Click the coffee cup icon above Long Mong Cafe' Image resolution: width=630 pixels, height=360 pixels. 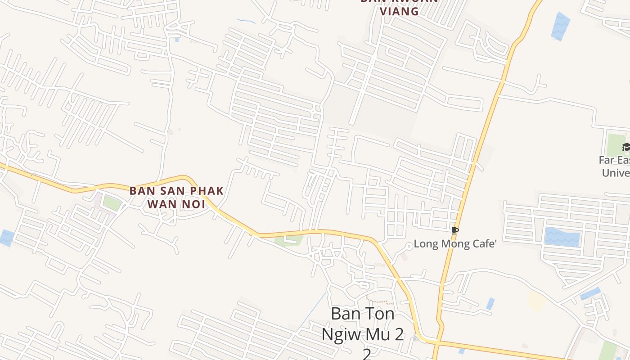[454, 231]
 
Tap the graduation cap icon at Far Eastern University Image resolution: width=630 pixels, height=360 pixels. [625, 147]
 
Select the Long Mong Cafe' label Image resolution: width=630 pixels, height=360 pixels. [455, 244]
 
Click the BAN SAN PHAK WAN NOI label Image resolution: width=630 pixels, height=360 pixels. [176, 197]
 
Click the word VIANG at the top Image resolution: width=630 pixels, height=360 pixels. [400, 11]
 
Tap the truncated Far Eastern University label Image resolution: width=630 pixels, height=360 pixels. [616, 166]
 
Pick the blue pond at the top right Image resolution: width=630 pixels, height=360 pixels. [560, 26]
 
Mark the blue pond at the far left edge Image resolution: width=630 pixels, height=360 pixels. [6, 237]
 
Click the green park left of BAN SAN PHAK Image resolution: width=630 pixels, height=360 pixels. [112, 202]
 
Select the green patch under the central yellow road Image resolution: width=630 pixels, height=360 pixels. [289, 240]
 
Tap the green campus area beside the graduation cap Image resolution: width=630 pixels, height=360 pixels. [615, 144]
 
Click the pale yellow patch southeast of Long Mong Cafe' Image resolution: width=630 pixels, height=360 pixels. [536, 300]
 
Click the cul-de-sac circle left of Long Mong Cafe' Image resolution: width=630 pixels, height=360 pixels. [409, 246]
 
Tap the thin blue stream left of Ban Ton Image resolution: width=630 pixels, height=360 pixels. [313, 310]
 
